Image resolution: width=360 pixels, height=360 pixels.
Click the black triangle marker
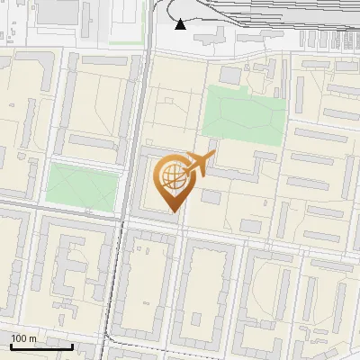tap(181, 24)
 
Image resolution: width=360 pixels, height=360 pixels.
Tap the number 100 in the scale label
tap(19, 338)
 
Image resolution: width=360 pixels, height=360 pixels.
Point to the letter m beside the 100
tap(32, 338)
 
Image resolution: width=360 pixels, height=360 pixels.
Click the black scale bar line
tap(41, 346)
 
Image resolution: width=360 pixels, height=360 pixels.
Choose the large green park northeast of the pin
tap(244, 114)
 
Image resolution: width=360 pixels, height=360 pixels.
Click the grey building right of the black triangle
tap(213, 34)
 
